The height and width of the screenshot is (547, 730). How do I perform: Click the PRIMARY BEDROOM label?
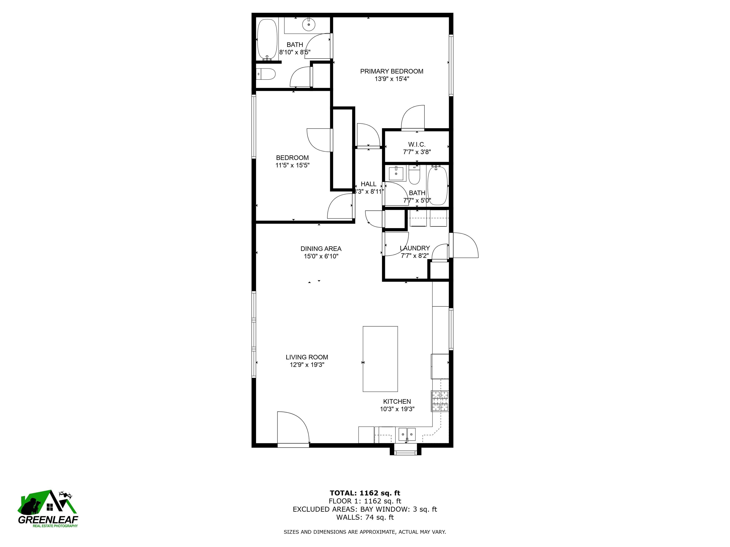pyautogui.click(x=392, y=71)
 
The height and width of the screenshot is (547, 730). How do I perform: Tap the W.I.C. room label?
pyautogui.click(x=417, y=144)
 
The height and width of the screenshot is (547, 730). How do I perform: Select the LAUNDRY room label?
pyautogui.click(x=415, y=248)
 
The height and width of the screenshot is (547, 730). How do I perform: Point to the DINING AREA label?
pyautogui.click(x=321, y=249)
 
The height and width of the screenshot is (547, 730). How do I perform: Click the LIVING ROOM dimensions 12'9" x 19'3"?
pyautogui.click(x=307, y=365)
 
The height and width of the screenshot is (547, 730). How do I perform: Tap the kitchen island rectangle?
pyautogui.click(x=380, y=359)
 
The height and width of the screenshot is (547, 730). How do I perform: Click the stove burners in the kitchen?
pyautogui.click(x=440, y=401)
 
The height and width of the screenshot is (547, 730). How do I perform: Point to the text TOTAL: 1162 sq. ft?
pyautogui.click(x=365, y=493)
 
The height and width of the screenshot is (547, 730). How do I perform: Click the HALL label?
pyautogui.click(x=368, y=184)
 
